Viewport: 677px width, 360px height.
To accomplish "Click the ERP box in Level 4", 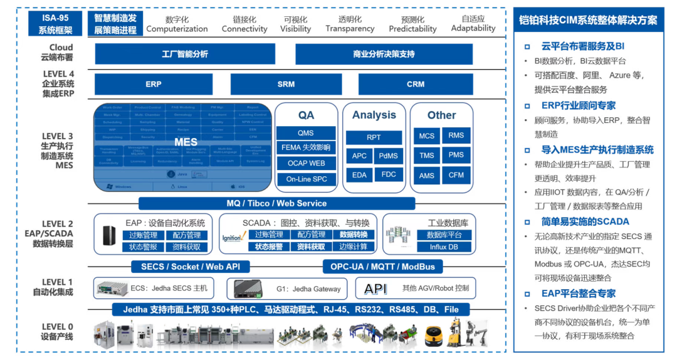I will pyautogui.click(x=154, y=84).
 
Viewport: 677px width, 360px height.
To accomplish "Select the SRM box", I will pyautogui.click(x=286, y=84).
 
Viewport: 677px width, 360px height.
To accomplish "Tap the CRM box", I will pyautogui.click(x=416, y=84).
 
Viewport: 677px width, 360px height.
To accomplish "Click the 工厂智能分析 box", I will pyautogui.click(x=185, y=54).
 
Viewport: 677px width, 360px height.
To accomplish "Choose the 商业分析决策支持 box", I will pyautogui.click(x=384, y=54).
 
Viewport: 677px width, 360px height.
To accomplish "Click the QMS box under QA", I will pyautogui.click(x=306, y=133).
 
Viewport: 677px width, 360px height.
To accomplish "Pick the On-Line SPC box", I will pyautogui.click(x=306, y=179).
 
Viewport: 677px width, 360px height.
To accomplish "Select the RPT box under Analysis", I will pyautogui.click(x=374, y=137).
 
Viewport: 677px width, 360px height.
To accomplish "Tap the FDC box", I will pyautogui.click(x=389, y=174).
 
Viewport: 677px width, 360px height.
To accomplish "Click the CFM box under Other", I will pyautogui.click(x=456, y=176).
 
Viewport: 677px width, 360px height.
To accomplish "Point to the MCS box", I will pyautogui.click(x=427, y=136).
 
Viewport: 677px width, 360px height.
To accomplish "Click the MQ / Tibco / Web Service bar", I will pyautogui.click(x=276, y=203).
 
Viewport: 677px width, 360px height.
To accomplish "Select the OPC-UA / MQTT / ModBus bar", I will pyautogui.click(x=382, y=267).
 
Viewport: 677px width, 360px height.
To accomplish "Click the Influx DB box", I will pyautogui.click(x=444, y=247).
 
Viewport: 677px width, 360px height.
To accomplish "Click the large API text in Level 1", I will pyautogui.click(x=375, y=289).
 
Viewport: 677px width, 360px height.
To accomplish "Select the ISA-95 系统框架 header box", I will pyautogui.click(x=55, y=24).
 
